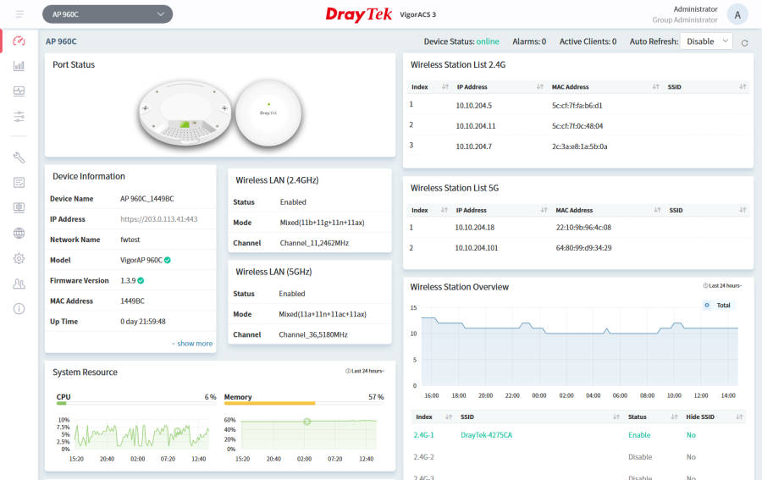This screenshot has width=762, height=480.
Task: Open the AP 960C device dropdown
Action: click(x=108, y=14)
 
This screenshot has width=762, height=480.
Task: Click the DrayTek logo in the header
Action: click(x=359, y=14)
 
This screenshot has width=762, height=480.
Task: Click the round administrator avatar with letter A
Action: click(x=737, y=14)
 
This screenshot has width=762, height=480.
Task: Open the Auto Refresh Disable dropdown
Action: click(x=706, y=41)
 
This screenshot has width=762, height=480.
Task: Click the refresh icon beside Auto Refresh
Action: click(x=744, y=43)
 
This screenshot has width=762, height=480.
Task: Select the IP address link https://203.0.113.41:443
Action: click(x=159, y=219)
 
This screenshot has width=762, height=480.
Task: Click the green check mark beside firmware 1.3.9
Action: click(x=141, y=280)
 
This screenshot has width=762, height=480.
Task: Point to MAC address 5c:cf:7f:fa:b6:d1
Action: click(x=577, y=106)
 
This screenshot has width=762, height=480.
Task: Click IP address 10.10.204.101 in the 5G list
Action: click(x=476, y=248)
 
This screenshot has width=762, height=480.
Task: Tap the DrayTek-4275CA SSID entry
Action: click(x=486, y=435)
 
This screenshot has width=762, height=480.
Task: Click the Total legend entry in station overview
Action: click(x=718, y=305)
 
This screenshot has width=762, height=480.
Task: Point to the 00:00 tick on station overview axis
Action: click(x=539, y=395)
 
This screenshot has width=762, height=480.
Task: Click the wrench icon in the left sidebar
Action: click(x=19, y=157)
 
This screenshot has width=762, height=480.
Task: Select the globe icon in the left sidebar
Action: click(x=19, y=233)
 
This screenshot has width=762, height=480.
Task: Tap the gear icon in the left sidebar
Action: click(x=19, y=258)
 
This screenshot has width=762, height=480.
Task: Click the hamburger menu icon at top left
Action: click(x=19, y=14)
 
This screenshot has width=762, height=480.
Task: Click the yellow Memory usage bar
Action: click(x=269, y=403)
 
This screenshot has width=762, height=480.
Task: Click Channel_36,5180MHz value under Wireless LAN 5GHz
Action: click(x=313, y=334)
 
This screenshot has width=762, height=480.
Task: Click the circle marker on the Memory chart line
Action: click(x=307, y=422)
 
